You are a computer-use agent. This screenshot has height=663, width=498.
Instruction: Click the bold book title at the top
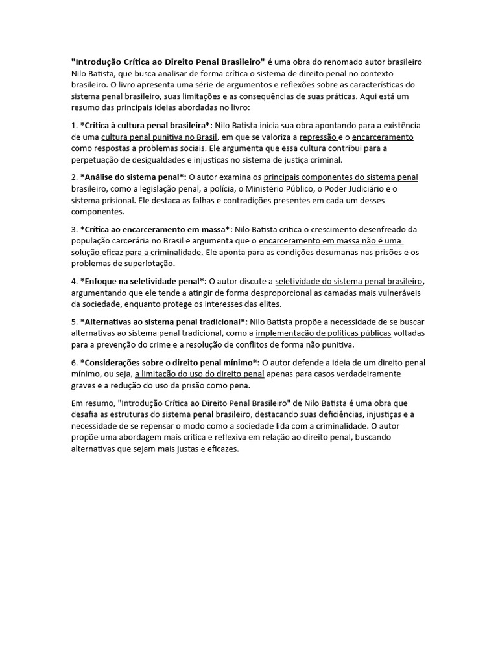168,62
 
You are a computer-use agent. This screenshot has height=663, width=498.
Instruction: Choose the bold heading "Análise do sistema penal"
132,177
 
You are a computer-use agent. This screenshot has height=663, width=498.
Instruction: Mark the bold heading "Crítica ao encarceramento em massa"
155,229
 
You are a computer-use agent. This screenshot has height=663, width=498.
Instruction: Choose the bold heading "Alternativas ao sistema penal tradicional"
163,322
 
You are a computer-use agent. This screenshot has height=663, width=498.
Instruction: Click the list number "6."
74,362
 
